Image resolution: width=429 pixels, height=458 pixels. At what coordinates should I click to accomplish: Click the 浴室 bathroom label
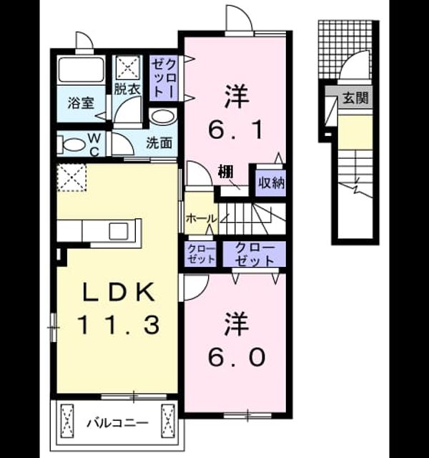[81, 103]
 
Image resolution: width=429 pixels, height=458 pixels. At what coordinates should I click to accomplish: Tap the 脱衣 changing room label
[127, 89]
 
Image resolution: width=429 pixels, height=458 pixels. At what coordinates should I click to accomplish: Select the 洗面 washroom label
[159, 143]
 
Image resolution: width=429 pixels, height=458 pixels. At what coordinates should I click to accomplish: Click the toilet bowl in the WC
[71, 145]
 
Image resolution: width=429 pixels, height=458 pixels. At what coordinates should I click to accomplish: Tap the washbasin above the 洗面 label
[163, 117]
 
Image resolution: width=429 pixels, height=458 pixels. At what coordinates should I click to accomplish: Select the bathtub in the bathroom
[81, 70]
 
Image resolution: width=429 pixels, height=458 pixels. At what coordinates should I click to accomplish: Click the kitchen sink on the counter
[118, 231]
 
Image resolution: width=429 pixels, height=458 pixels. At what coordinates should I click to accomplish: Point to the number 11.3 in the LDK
[119, 324]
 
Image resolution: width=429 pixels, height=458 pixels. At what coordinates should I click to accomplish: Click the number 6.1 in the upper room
[235, 130]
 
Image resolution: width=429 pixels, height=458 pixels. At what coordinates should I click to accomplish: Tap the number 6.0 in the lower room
[236, 357]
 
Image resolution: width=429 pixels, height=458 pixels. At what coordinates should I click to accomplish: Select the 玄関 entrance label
[355, 98]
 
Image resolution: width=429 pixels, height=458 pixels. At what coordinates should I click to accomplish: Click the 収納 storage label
[271, 183]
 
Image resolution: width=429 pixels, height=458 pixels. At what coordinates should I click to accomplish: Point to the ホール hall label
[201, 218]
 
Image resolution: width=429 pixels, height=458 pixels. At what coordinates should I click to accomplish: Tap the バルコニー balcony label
[117, 423]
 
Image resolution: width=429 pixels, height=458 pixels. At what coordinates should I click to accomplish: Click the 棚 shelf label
[225, 172]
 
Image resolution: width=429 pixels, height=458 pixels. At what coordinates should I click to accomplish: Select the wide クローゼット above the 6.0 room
[255, 254]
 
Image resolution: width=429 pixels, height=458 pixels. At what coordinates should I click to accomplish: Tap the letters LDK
[119, 293]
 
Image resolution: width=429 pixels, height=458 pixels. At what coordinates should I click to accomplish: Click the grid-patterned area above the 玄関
[345, 49]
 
